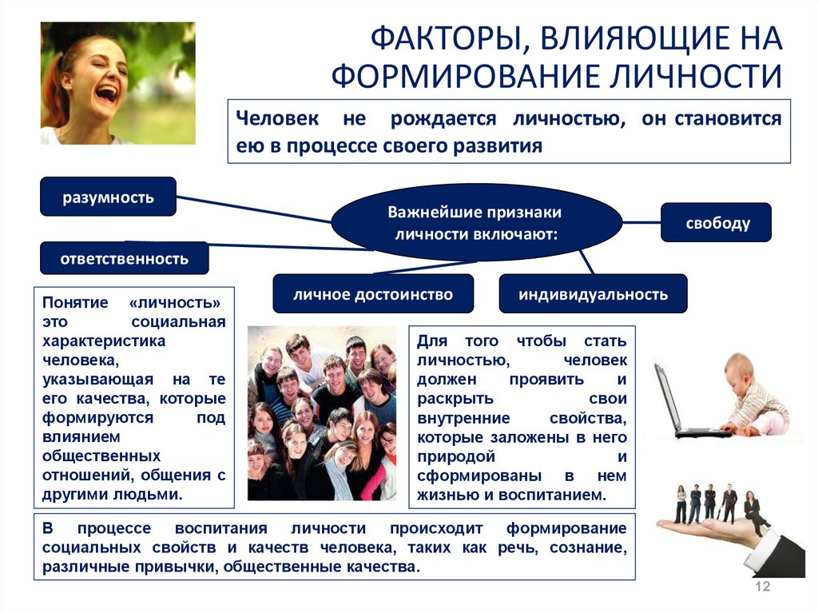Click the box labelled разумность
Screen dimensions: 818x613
pos(108,197)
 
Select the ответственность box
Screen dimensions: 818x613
pos(124,258)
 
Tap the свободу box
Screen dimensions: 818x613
pos(716,222)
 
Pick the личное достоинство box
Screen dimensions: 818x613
pos(373,294)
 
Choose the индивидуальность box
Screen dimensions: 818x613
pos(594,294)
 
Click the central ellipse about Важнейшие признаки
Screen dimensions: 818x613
pos(476,222)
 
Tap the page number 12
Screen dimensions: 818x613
pos(762,587)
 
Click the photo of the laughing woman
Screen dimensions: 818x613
pos(118,83)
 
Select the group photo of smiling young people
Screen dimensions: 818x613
pos(322,413)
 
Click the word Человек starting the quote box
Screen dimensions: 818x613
pos(277,118)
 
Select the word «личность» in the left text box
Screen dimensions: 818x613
pos(175,303)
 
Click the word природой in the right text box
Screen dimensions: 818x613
pos(455,456)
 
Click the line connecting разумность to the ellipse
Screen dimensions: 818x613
pos(254,209)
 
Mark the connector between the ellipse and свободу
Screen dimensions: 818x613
pos(641,222)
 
